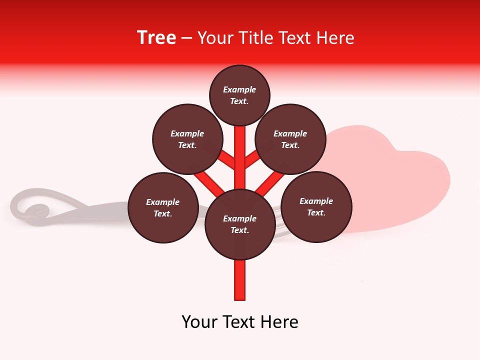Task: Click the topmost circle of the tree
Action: click(239, 95)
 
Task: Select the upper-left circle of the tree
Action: click(187, 139)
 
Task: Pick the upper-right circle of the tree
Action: click(290, 139)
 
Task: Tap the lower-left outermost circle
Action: click(163, 207)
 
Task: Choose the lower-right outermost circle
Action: click(316, 206)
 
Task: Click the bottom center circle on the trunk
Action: click(240, 224)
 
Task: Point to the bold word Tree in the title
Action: click(156, 37)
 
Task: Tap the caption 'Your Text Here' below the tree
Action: click(240, 322)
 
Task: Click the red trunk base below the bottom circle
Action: click(240, 280)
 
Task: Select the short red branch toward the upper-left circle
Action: click(226, 159)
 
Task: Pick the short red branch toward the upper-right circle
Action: click(253, 159)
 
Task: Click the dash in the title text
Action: click(186, 38)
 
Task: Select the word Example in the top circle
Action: click(239, 89)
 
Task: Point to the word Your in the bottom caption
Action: click(200, 322)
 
